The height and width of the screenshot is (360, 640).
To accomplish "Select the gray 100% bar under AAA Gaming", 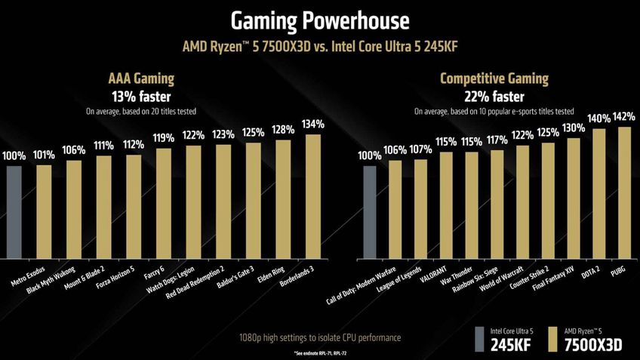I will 14,211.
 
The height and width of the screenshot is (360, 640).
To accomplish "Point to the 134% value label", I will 312,124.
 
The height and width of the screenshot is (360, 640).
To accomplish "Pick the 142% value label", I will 624,117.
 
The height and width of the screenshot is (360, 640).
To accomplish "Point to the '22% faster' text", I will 494,96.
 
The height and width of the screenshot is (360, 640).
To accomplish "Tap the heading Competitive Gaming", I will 494,78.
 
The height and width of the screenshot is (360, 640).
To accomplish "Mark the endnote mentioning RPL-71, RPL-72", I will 319,353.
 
